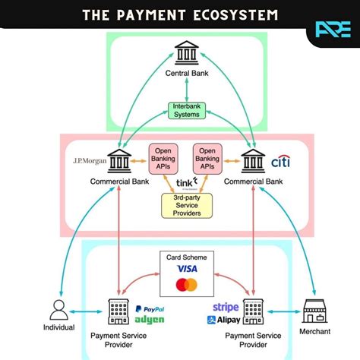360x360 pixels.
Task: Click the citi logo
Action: click(279, 161)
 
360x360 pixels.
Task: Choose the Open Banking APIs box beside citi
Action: click(208, 157)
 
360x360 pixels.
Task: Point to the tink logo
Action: click(186, 184)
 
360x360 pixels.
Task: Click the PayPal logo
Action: click(150, 310)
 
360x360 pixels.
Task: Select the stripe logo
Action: click(226, 308)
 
